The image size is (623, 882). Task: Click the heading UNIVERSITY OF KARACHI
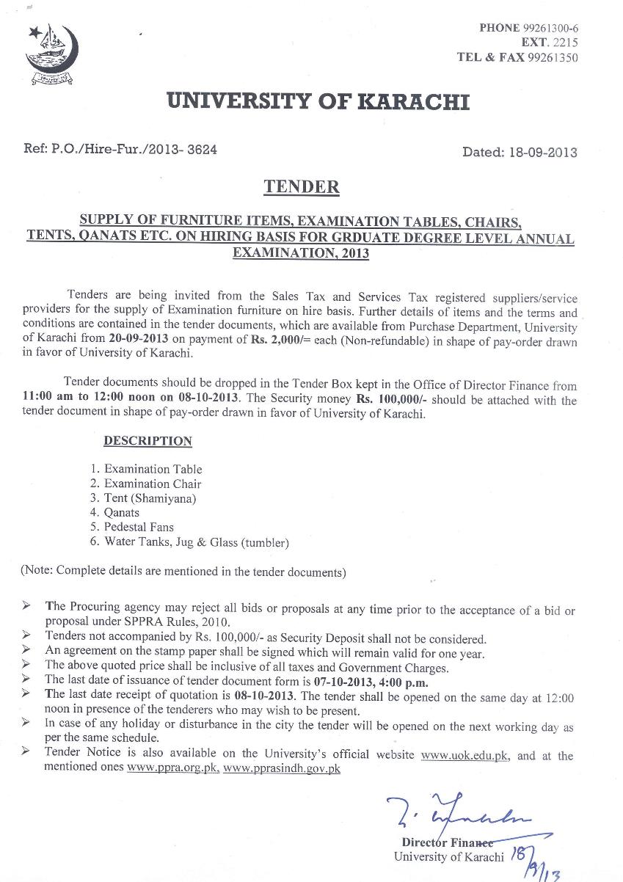pos(318,101)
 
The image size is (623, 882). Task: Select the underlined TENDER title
pos(302,187)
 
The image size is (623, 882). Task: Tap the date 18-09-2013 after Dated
pos(542,153)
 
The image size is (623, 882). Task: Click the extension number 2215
pos(561,43)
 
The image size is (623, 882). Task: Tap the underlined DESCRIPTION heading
pos(147,441)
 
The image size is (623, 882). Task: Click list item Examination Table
pos(153,469)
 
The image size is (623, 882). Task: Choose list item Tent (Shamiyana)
pos(150,498)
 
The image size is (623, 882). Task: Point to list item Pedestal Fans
pos(139,527)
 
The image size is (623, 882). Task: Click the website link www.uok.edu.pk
pos(464,754)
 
